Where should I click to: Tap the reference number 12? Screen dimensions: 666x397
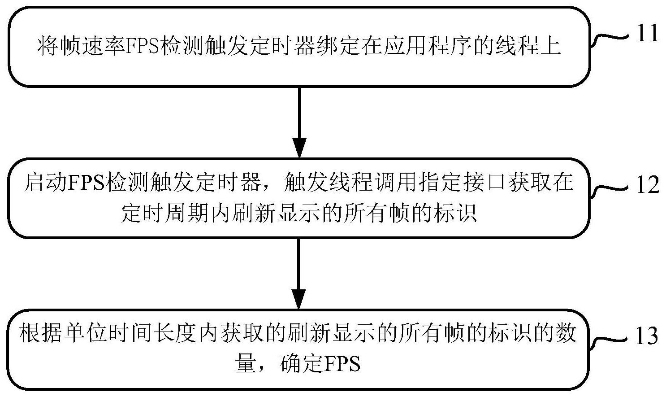pos(648,185)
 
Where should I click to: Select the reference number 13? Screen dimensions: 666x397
pos(646,336)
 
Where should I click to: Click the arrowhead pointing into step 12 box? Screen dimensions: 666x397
pos(299,148)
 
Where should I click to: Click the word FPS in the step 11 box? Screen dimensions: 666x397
pos(143,47)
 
